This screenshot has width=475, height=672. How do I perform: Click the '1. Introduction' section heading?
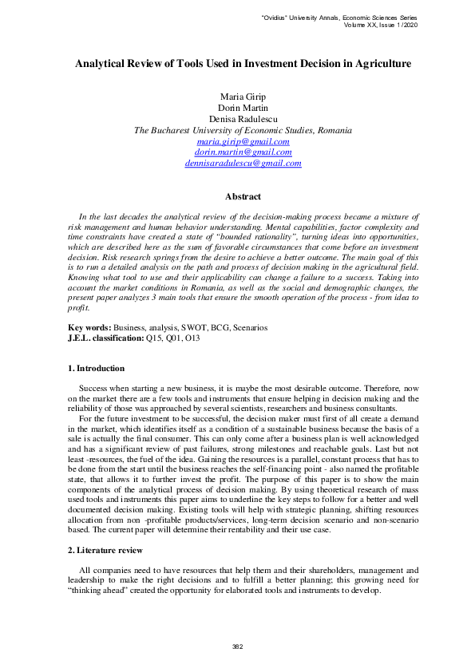click(x=96, y=369)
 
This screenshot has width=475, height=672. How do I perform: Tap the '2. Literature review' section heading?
click(x=104, y=551)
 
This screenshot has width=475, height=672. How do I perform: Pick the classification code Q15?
click(x=153, y=338)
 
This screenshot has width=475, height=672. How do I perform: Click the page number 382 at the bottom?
click(x=237, y=646)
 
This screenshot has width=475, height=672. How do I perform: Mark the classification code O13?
click(x=192, y=338)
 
